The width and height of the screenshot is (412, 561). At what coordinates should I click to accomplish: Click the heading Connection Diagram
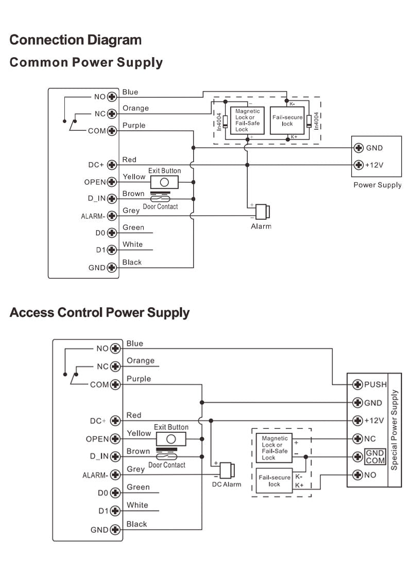(x=75, y=40)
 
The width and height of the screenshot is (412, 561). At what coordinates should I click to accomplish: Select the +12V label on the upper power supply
(x=375, y=165)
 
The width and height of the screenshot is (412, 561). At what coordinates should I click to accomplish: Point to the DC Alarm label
(x=226, y=484)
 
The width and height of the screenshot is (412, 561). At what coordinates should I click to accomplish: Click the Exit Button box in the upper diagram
(x=164, y=182)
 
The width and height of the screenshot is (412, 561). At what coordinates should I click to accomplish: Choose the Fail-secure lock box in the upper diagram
(x=287, y=121)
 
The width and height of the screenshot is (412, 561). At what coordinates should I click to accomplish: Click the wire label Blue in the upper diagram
(x=130, y=92)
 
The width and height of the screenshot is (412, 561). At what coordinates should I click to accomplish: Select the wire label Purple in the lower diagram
(x=139, y=379)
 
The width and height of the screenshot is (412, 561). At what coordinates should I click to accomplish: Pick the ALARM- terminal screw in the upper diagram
(x=111, y=216)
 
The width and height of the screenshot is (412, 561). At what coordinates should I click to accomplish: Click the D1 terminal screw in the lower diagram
(x=115, y=511)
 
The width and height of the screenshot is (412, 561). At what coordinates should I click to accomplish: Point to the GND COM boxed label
(x=375, y=457)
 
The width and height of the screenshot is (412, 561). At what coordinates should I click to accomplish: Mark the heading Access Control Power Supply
(x=99, y=312)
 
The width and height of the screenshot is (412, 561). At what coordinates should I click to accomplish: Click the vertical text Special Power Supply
(x=394, y=430)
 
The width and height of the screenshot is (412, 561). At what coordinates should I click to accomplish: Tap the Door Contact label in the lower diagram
(x=167, y=465)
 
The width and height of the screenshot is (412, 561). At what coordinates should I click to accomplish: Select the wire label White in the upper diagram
(x=132, y=244)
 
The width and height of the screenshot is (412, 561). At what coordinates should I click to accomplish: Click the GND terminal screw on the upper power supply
(x=359, y=148)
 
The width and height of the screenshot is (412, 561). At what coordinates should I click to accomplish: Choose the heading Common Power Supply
(x=86, y=62)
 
